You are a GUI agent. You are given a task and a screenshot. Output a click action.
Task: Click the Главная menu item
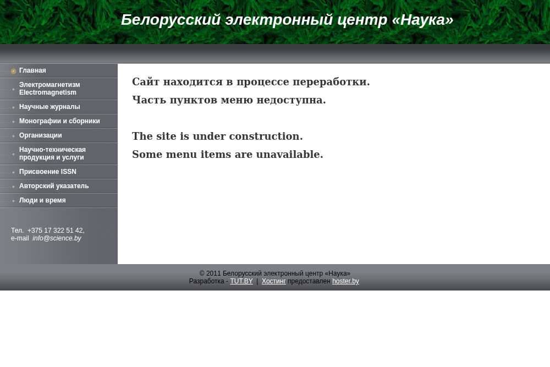[32, 70]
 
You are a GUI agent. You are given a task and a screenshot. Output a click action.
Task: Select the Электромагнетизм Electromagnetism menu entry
[50, 89]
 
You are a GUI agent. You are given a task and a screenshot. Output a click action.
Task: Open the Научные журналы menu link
[50, 107]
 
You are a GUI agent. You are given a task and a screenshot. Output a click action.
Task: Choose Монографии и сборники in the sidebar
[59, 121]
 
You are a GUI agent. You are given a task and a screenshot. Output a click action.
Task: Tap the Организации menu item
[40, 135]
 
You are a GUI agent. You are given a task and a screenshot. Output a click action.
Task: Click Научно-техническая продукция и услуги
[52, 154]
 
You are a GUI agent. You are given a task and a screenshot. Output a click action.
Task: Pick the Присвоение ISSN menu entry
[48, 172]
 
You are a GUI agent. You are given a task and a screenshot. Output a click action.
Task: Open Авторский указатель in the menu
[54, 186]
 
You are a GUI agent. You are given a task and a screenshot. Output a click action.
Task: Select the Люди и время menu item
[42, 200]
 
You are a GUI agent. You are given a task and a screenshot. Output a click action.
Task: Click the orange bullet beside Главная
[14, 71]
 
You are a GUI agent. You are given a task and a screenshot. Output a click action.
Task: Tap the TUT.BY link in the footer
[241, 281]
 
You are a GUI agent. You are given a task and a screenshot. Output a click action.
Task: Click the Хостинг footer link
[273, 281]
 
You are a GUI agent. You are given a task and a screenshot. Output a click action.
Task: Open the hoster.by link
[345, 281]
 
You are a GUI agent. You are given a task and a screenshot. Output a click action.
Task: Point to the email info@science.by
[57, 238]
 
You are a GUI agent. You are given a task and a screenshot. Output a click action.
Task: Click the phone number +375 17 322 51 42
[56, 231]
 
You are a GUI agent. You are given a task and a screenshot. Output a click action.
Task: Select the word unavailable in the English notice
[289, 155]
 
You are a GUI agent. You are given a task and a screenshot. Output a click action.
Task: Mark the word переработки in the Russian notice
[331, 82]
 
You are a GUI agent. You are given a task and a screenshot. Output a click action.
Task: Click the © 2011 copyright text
[274, 273]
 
